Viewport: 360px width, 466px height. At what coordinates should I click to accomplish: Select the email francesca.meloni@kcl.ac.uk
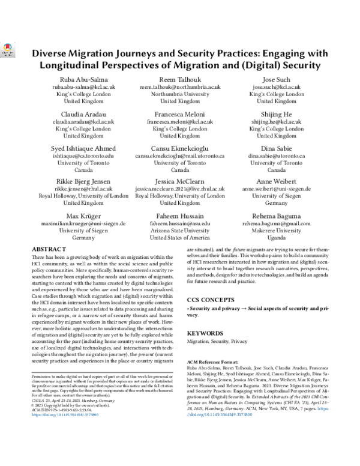[x=180, y=121]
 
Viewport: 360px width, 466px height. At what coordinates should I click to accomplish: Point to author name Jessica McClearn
[x=180, y=180]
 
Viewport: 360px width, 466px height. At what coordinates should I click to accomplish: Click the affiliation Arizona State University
[x=180, y=230]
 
